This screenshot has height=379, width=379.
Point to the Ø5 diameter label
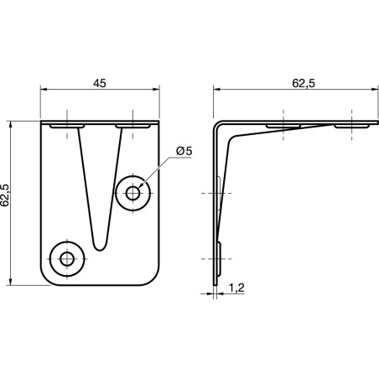[184, 151]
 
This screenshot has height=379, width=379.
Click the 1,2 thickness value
[236, 288]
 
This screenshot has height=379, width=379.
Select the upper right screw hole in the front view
[133, 193]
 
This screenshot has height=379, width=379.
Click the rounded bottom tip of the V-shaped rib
[100, 246]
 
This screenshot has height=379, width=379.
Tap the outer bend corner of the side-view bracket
[215, 123]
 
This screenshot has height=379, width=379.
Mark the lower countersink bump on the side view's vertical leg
[220, 257]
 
